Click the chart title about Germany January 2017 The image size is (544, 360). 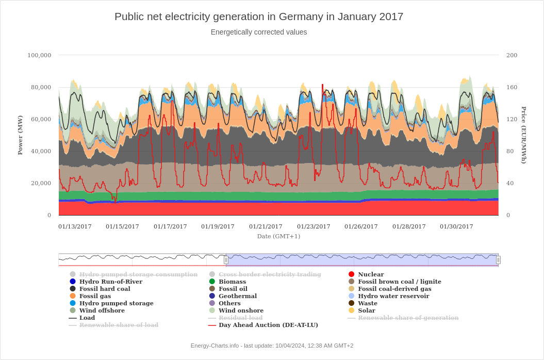[259, 17]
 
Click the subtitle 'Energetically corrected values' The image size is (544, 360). [259, 32]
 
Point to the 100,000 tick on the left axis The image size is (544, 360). [39, 55]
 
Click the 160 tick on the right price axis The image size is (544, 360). [512, 87]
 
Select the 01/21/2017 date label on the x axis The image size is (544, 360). [266, 226]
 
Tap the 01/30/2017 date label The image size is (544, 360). [456, 226]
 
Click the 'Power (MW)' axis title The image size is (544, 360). [20, 135]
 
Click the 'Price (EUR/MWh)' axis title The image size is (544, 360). [524, 135]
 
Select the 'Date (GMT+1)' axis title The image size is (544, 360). [278, 236]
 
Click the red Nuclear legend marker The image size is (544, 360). [352, 274]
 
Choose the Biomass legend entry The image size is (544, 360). [232, 282]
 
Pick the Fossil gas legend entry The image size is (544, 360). [95, 296]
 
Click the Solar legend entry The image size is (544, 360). [366, 310]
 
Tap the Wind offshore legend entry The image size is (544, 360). [102, 310]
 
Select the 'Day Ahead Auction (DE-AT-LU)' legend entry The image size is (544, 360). [268, 325]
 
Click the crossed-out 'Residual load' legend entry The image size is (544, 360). [240, 318]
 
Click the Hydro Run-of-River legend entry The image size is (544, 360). [110, 282]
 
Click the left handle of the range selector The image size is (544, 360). [226, 260]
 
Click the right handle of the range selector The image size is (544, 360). [498, 260]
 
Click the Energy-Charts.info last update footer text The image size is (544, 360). [272, 346]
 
